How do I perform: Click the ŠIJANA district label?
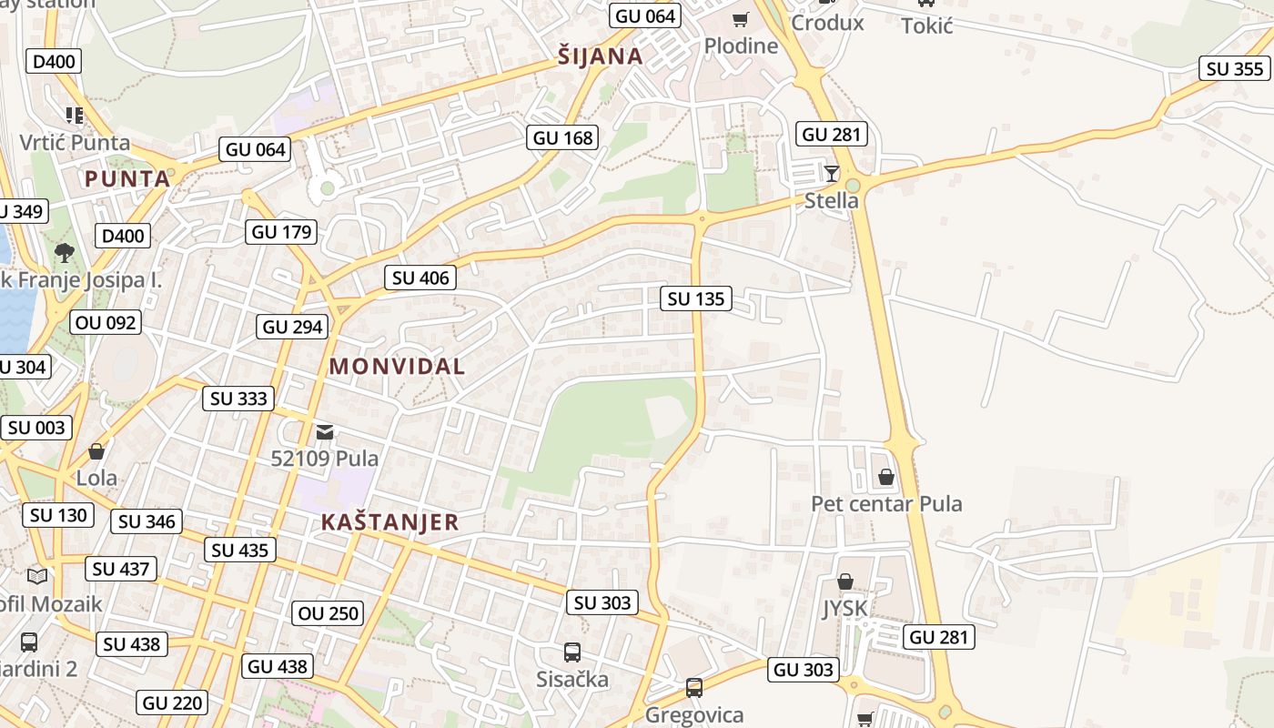601,56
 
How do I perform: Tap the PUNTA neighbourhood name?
127,178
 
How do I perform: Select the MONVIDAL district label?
397,367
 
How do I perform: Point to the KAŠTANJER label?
389,522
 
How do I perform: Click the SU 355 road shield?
1235,68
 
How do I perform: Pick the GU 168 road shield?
563,137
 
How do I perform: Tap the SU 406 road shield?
420,278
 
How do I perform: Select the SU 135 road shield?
696,298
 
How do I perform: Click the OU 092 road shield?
106,322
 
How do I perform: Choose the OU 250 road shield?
329,613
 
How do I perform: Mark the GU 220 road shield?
173,703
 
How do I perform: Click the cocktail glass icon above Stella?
831,173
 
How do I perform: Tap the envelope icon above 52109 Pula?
325,431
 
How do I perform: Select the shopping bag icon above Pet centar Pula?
885,476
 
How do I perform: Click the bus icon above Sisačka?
571,652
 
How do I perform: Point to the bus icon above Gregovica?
694,687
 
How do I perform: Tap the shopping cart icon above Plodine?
741,19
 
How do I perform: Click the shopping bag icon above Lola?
96,450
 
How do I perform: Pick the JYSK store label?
844,608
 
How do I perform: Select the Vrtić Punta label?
75,143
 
